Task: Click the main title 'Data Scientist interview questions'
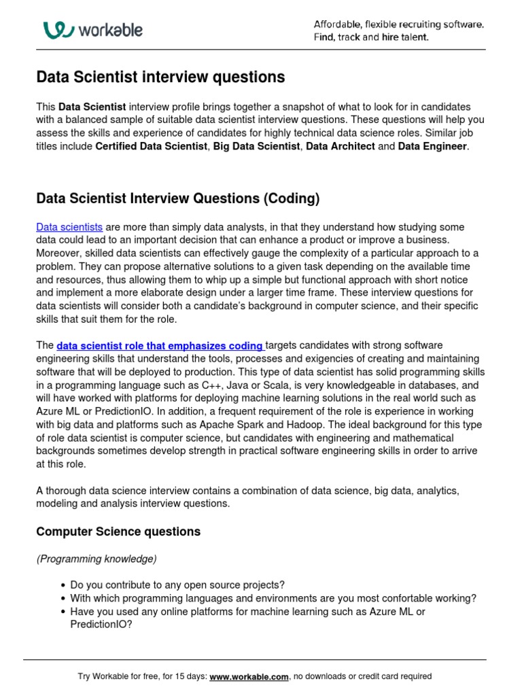pyautogui.click(x=160, y=77)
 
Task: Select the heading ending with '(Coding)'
pyautogui.click(x=177, y=198)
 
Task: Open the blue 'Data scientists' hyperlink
pyautogui.click(x=69, y=227)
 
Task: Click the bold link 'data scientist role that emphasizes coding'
pyautogui.click(x=160, y=346)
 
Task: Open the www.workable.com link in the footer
pyautogui.click(x=249, y=676)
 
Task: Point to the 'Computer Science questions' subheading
pyautogui.click(x=118, y=531)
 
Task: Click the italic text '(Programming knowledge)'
pyautogui.click(x=97, y=559)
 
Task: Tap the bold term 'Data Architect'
pyautogui.click(x=341, y=146)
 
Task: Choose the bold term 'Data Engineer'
pyautogui.click(x=432, y=146)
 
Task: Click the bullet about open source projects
pyautogui.click(x=177, y=585)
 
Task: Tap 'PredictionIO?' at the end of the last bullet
pyautogui.click(x=101, y=625)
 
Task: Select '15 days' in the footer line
pyautogui.click(x=186, y=676)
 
